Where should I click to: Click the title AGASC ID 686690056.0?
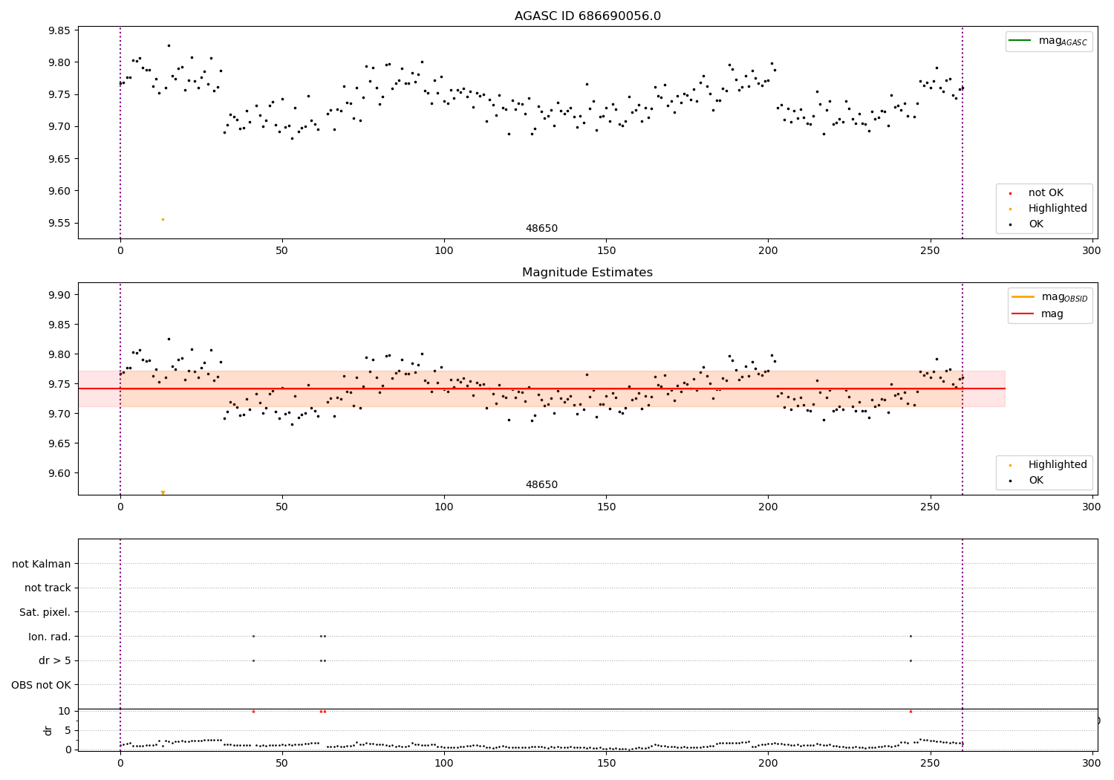(x=587, y=16)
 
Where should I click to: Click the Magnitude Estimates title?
(x=587, y=273)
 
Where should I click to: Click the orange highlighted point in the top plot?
(x=163, y=219)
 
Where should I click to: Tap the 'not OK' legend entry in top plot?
(x=1045, y=193)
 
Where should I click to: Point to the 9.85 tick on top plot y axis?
(x=59, y=30)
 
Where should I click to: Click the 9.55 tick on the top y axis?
(x=59, y=223)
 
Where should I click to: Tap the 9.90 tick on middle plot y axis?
(x=59, y=295)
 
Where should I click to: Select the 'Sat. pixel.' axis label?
(x=45, y=612)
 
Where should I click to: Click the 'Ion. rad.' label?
(x=50, y=637)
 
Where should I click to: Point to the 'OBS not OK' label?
(x=42, y=685)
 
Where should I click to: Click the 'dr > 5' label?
(x=55, y=660)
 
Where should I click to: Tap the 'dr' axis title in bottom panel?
(x=48, y=730)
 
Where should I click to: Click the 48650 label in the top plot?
(x=541, y=229)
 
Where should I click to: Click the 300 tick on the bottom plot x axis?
(x=1091, y=761)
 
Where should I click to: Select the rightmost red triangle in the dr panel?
(x=911, y=712)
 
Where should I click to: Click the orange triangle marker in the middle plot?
(x=163, y=493)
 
